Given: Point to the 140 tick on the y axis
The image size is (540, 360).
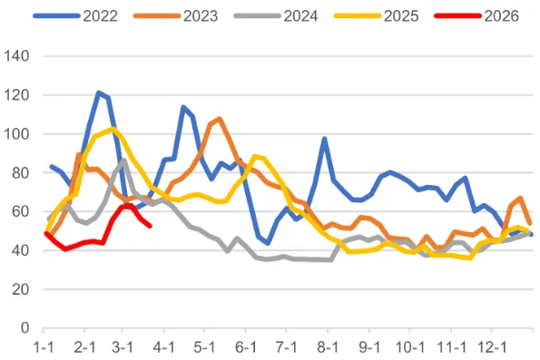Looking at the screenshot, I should click(18, 56).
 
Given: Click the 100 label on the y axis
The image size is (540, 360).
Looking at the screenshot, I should click(18, 134).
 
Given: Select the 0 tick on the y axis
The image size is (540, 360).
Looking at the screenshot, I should click(25, 328).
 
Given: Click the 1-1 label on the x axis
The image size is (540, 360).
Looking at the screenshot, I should click(44, 346).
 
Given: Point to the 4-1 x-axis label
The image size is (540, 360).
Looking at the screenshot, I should click(165, 346).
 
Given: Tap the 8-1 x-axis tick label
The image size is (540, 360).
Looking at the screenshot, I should click(329, 346).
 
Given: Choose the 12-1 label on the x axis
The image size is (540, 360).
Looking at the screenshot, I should click(493, 346).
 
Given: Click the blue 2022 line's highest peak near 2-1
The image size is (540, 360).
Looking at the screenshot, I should click(98, 92).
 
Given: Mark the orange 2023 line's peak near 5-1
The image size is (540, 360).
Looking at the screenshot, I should click(219, 119).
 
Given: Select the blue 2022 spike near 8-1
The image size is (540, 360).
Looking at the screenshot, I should click(324, 140).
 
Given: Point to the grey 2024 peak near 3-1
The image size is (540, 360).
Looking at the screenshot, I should click(123, 161).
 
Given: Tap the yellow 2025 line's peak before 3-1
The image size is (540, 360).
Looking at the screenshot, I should click(112, 130).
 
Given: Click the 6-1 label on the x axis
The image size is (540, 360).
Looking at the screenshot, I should click(247, 346).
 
